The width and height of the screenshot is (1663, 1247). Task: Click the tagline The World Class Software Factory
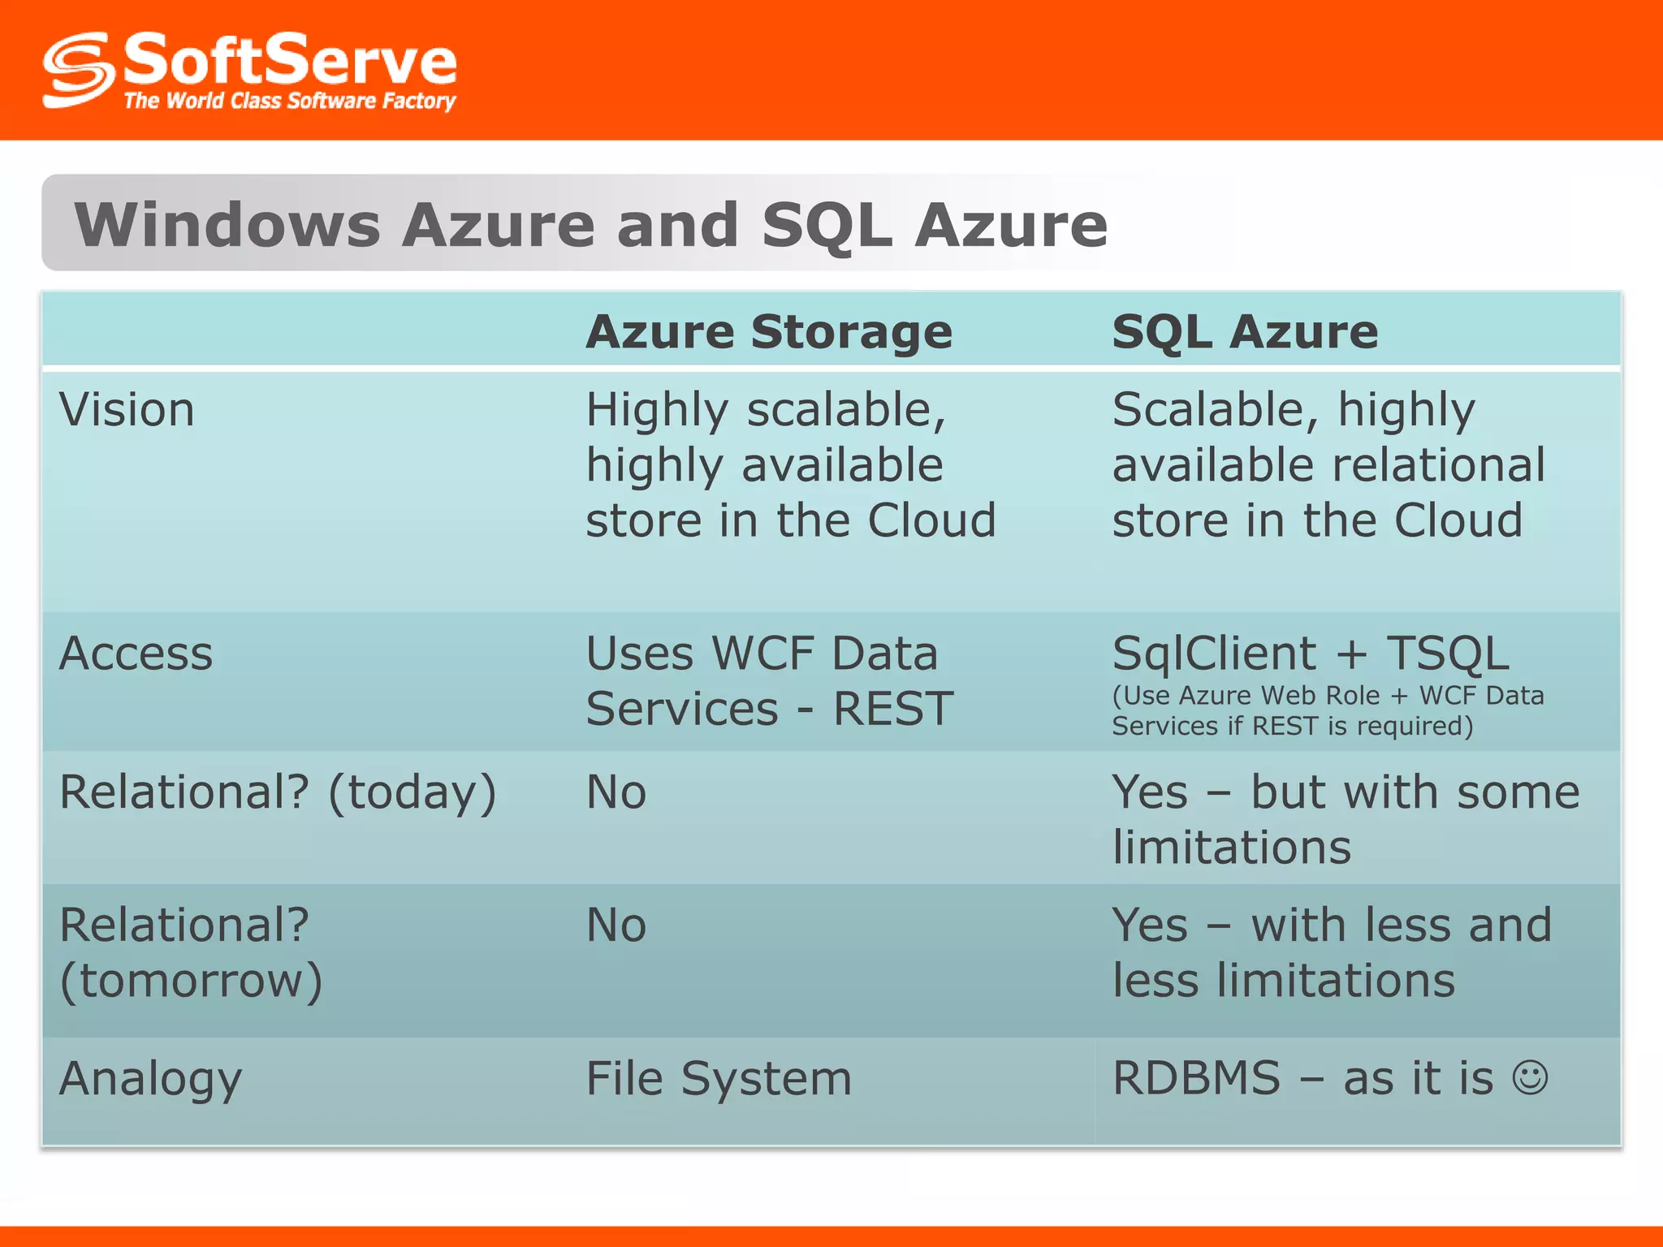(289, 101)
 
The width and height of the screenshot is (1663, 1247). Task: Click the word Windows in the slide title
(227, 225)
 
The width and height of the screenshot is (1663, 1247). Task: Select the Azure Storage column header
(768, 332)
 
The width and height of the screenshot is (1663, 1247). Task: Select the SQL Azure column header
(1244, 332)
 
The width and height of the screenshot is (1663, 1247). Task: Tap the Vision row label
(127, 409)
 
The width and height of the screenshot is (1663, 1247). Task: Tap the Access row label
(136, 654)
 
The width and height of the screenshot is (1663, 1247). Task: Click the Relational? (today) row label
(278, 792)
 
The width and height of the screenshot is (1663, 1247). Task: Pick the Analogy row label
(151, 1079)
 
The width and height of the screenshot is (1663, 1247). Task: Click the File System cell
(719, 1079)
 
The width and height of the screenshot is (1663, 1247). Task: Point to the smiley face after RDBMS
(1530, 1077)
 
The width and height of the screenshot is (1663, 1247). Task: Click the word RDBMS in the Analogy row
(1196, 1078)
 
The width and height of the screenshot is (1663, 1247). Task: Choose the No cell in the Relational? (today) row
(616, 792)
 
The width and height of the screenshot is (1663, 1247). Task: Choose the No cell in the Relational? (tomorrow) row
(616, 925)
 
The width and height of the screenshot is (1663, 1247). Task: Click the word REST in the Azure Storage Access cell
(892, 709)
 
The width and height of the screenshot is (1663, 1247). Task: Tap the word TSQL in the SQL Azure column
(1448, 654)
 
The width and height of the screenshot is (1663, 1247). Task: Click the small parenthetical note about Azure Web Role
(1327, 710)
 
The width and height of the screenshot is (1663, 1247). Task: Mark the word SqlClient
(1213, 654)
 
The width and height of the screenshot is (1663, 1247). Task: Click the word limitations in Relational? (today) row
(1231, 847)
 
